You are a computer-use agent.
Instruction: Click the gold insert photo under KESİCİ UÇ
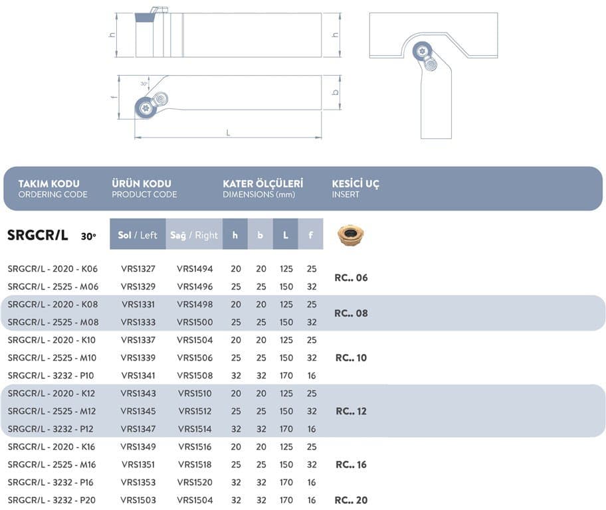351,235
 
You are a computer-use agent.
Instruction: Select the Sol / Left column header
138,234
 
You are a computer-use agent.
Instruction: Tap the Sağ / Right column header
194,234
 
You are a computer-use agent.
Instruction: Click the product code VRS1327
138,269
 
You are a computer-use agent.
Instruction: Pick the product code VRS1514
195,429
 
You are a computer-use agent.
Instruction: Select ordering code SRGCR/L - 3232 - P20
52,500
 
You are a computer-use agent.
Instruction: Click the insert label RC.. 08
351,313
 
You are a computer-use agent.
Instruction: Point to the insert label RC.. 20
351,500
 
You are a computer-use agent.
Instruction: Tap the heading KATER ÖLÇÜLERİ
263,183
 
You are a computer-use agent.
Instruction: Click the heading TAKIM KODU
49,183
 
